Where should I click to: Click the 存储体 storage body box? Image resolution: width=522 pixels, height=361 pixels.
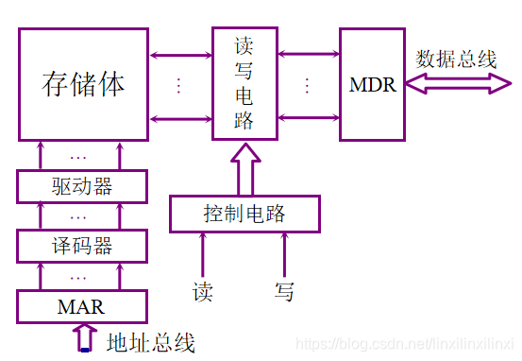(84, 84)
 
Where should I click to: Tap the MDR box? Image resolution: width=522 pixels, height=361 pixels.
(371, 84)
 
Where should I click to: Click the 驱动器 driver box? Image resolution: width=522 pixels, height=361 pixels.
(83, 185)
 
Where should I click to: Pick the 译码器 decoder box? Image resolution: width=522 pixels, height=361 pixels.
(83, 246)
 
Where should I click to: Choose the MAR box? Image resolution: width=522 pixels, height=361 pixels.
(83, 306)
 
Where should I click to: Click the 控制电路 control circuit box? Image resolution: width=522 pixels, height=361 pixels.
(244, 214)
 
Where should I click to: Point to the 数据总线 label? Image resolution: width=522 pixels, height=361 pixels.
(456, 59)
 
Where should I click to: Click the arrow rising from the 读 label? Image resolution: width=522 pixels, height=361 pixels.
(203, 253)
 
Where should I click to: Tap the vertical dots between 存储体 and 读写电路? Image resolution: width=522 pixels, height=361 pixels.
(178, 85)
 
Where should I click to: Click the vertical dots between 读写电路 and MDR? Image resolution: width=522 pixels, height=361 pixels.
(307, 85)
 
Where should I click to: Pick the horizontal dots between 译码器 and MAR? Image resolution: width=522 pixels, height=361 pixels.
(78, 277)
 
